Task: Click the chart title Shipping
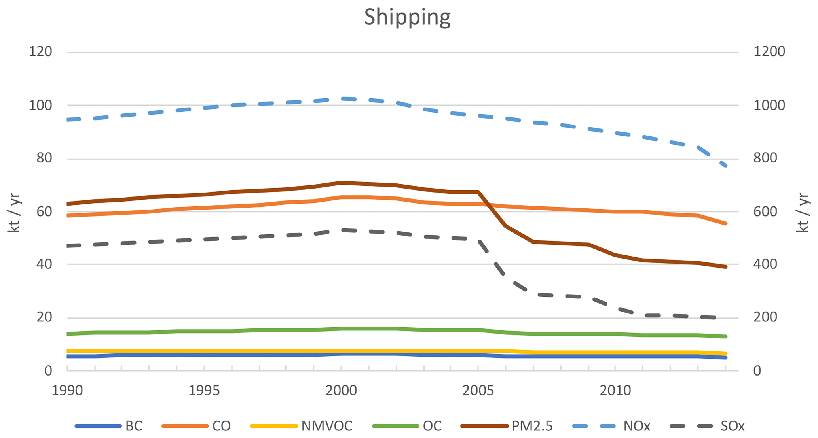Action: (x=407, y=17)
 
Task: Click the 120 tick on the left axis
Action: (x=40, y=52)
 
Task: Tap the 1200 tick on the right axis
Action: (x=769, y=52)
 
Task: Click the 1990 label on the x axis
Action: (x=67, y=391)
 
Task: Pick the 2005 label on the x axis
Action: (x=478, y=391)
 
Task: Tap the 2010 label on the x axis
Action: (x=615, y=391)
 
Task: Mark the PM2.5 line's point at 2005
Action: (x=478, y=192)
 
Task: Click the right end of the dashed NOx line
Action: (x=725, y=166)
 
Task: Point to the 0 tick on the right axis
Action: (x=757, y=371)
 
